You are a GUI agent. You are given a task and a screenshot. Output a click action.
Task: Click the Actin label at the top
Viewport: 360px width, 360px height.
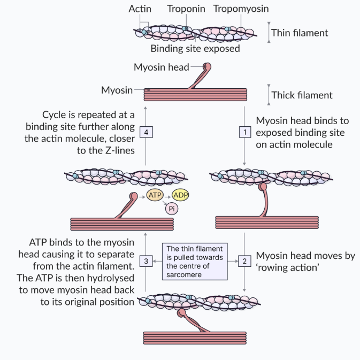(x=140, y=9)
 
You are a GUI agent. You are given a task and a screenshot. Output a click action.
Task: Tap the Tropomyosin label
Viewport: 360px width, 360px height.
(x=241, y=9)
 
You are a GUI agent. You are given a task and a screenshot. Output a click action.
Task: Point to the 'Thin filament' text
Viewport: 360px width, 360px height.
(x=300, y=33)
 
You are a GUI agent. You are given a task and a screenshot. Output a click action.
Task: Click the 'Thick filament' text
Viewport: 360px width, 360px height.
(x=302, y=95)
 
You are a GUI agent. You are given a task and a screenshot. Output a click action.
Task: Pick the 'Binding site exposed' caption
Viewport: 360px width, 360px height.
(x=195, y=49)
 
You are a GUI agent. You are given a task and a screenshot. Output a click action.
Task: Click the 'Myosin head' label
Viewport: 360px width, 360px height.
(x=161, y=67)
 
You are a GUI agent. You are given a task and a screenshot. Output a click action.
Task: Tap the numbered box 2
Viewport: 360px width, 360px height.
(x=244, y=261)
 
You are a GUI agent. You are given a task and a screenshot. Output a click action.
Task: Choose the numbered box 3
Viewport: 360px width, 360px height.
(x=145, y=261)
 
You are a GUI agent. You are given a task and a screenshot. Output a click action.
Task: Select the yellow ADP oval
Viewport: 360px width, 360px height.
(x=183, y=196)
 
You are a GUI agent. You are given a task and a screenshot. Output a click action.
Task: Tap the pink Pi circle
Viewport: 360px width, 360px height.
(x=171, y=209)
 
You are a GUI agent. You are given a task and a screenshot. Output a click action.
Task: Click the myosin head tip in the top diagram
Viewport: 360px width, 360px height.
(x=207, y=68)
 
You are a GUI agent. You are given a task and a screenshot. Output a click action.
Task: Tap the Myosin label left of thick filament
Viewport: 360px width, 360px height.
(x=117, y=90)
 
